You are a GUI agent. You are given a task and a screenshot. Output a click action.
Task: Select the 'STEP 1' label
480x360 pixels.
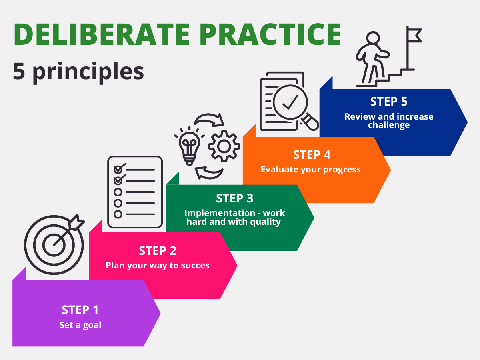[x=80, y=310]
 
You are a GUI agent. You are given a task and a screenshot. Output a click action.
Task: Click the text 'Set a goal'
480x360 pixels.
[x=80, y=325]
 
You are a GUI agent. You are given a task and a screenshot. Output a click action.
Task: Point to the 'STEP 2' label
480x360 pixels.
[x=158, y=251]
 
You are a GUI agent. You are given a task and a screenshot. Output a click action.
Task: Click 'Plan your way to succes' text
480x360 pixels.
[x=158, y=265]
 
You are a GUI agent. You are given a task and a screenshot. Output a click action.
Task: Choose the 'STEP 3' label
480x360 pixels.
[x=235, y=198]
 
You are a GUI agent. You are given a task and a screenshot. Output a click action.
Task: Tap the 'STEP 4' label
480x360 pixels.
[x=312, y=155]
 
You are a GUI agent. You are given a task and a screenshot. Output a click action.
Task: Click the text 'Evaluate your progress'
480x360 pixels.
[x=311, y=169]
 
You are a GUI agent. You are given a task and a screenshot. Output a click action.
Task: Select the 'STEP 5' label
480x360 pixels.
[x=389, y=102]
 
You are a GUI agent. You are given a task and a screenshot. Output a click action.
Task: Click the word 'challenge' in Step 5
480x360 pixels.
[x=389, y=125]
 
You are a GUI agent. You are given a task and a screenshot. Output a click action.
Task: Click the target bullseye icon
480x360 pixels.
[x=54, y=244]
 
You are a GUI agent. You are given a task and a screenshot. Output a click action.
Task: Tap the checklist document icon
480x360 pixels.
[x=135, y=192]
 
